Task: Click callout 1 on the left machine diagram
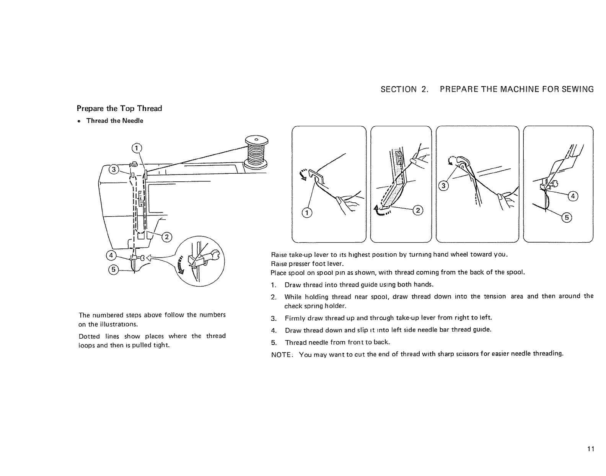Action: [136, 148]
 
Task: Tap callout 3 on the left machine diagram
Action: [114, 170]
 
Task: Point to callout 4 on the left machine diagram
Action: [111, 255]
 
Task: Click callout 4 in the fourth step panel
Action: [573, 197]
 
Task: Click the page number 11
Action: [590, 449]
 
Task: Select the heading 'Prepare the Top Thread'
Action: [119, 108]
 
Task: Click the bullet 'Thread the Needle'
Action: [114, 121]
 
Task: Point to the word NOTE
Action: [281, 354]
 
